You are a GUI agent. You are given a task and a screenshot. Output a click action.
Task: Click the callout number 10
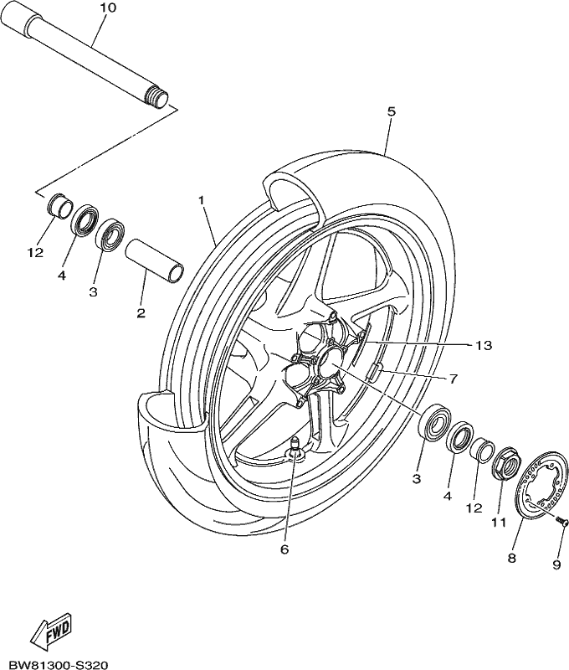pyautogui.click(x=108, y=8)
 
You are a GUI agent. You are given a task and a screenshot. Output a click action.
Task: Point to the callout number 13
pyautogui.click(x=484, y=345)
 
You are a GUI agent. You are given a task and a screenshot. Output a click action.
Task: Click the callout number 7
pyautogui.click(x=454, y=379)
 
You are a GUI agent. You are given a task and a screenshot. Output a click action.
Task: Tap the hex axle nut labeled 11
pyautogui.click(x=506, y=464)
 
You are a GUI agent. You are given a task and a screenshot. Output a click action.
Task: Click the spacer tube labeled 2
pyautogui.click(x=154, y=260)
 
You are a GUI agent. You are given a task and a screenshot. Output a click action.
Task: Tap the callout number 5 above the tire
pyautogui.click(x=392, y=111)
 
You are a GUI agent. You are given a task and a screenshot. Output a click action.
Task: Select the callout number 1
pyautogui.click(x=202, y=200)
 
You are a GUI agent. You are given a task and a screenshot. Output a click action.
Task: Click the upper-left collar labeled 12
pyautogui.click(x=58, y=207)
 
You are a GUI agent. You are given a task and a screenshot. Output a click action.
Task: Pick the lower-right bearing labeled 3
pyautogui.click(x=435, y=421)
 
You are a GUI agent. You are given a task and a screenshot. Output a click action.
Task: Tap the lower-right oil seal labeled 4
pyautogui.click(x=460, y=437)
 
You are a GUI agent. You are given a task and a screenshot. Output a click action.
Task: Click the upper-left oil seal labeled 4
pyautogui.click(x=85, y=219)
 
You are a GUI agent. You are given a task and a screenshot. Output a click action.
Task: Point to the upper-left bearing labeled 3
pyautogui.click(x=110, y=235)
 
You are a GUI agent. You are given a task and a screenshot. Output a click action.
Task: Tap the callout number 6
pyautogui.click(x=284, y=549)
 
